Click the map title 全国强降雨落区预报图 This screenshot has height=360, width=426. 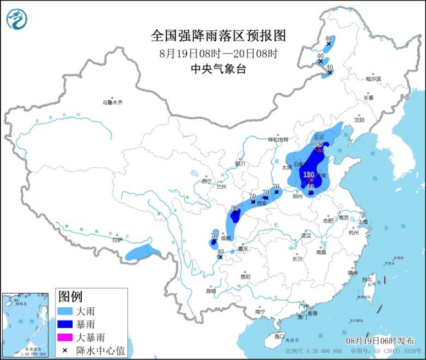coord(218,36)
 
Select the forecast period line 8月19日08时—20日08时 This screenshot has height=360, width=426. coord(218,54)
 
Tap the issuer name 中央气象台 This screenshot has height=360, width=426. coord(218,69)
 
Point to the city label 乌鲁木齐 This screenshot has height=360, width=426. coord(112,103)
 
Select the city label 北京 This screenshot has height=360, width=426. coord(319,136)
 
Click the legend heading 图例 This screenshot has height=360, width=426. coord(70,297)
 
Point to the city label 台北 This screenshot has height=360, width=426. coord(366,280)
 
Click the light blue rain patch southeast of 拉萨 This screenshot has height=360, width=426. coord(143,253)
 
